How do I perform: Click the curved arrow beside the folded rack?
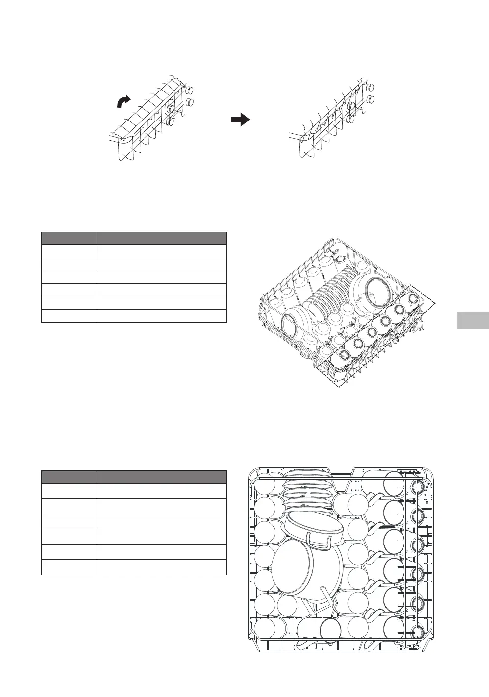tap(124, 101)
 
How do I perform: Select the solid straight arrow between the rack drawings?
tap(240, 120)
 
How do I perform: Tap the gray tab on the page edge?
tap(472, 320)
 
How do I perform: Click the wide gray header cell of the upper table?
tap(161, 239)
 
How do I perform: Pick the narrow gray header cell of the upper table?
tap(69, 239)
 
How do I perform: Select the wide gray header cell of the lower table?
tap(161, 477)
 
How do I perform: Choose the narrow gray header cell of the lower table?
tap(69, 477)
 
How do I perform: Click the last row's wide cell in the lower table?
tap(161, 567)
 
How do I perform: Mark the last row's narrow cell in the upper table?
tap(69, 316)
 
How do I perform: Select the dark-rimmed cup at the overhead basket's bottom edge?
tap(330, 630)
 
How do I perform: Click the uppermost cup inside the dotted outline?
tap(414, 298)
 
